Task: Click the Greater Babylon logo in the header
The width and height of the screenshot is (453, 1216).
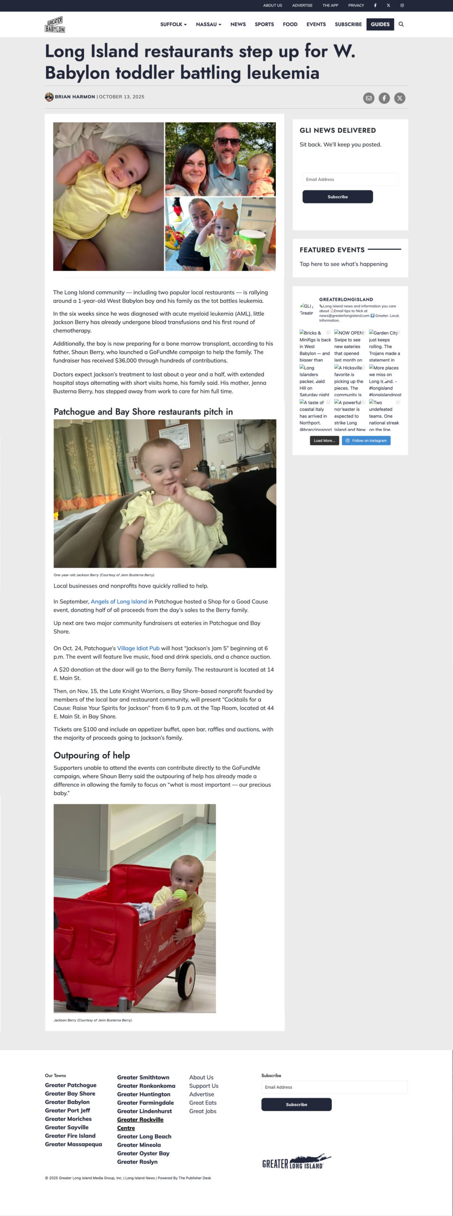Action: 55,25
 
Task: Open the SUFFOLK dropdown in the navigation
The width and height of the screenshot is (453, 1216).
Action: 173,24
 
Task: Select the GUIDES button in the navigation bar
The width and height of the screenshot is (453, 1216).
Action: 380,24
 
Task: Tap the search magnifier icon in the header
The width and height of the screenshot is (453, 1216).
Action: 401,24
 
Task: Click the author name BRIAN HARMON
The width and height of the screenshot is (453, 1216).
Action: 75,97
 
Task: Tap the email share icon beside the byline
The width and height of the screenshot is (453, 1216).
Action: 368,98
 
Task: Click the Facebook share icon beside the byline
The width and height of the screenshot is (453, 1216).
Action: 384,98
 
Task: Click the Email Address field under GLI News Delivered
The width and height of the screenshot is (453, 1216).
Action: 350,180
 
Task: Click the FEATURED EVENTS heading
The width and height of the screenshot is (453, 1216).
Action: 332,250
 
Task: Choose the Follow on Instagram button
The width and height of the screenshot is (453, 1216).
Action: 366,441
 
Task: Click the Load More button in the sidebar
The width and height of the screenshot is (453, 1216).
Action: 324,441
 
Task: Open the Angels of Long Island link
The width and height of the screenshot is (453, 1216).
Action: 119,601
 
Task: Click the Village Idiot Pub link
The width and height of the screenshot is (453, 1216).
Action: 138,648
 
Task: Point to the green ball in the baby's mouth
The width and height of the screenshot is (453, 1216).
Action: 180,895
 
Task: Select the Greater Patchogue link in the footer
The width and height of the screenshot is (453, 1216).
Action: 71,1085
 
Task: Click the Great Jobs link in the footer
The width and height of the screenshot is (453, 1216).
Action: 203,1111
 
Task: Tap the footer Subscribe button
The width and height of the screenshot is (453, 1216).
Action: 296,1104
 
